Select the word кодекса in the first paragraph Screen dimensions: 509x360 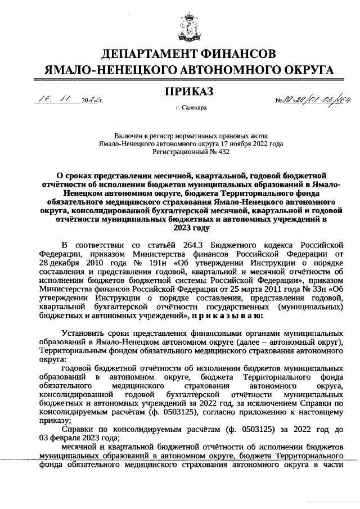[280, 245]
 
